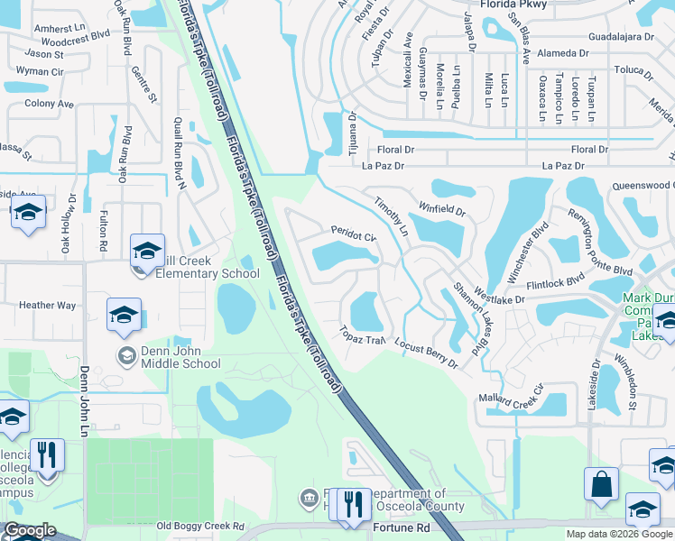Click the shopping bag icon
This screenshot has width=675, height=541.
click(x=601, y=484)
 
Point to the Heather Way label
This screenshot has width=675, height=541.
click(x=48, y=306)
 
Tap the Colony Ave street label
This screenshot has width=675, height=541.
click(x=49, y=104)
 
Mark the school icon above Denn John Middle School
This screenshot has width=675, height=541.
click(x=124, y=315)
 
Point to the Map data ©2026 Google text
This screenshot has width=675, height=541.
click(x=619, y=534)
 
